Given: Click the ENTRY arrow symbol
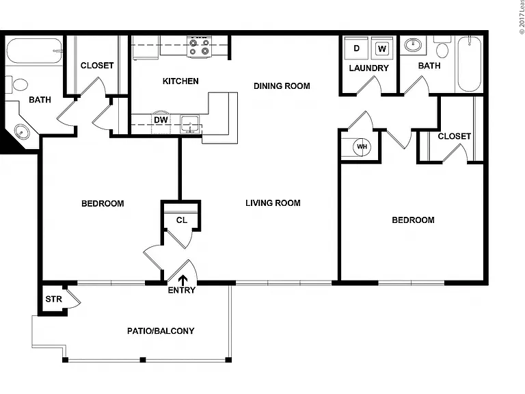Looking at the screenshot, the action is [x=183, y=280].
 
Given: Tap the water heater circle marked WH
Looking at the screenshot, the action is [x=362, y=147].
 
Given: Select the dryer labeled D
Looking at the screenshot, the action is [x=356, y=49].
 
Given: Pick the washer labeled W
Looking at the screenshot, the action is [x=382, y=49].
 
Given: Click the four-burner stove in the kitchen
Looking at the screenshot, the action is [x=199, y=47].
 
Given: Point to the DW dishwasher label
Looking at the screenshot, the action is [x=161, y=120].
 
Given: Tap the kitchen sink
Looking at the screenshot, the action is [x=190, y=124].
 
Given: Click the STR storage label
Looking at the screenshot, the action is [x=53, y=299].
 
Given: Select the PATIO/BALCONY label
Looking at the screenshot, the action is [x=161, y=331].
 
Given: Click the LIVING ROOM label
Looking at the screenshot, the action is [x=273, y=203].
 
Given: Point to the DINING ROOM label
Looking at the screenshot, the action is [x=282, y=86].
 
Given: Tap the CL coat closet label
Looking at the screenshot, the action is [x=182, y=220].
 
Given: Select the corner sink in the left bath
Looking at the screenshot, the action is [x=22, y=131].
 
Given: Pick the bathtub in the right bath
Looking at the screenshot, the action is [x=470, y=64].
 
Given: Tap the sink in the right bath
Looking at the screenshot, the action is [x=413, y=45].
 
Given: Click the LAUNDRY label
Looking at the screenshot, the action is [x=369, y=68].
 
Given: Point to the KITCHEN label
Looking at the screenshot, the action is [x=180, y=81].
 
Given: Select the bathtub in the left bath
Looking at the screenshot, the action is [x=34, y=51].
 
